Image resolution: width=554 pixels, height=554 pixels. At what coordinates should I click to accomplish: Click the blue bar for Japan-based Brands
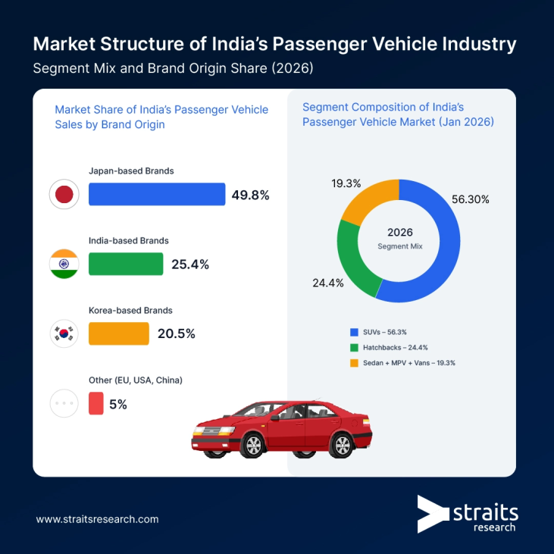pyautogui.click(x=157, y=194)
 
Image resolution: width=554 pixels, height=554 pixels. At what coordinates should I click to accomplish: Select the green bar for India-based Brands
pyautogui.click(x=126, y=264)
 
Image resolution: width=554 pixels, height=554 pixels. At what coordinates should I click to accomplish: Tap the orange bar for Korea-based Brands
pyautogui.click(x=119, y=333)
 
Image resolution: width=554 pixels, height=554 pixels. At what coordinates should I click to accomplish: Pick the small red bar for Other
pyautogui.click(x=96, y=403)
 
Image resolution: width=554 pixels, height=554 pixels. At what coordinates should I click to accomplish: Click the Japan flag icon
pyautogui.click(x=64, y=195)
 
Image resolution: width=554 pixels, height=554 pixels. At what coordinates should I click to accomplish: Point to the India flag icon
pyautogui.click(x=64, y=264)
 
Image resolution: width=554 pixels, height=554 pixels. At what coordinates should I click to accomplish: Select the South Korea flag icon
pyautogui.click(x=64, y=333)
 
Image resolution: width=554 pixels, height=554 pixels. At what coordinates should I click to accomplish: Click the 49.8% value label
pyautogui.click(x=250, y=195)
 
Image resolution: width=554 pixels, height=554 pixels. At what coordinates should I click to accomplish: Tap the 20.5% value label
pyautogui.click(x=176, y=333)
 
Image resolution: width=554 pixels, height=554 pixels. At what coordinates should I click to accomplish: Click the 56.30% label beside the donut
pyautogui.click(x=471, y=199)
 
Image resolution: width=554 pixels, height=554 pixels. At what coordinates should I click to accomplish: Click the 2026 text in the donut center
pyautogui.click(x=399, y=232)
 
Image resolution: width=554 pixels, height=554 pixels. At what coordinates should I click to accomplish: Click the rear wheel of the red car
pyautogui.click(x=343, y=445)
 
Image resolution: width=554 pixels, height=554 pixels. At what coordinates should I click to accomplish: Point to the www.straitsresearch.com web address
pyautogui.click(x=97, y=519)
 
